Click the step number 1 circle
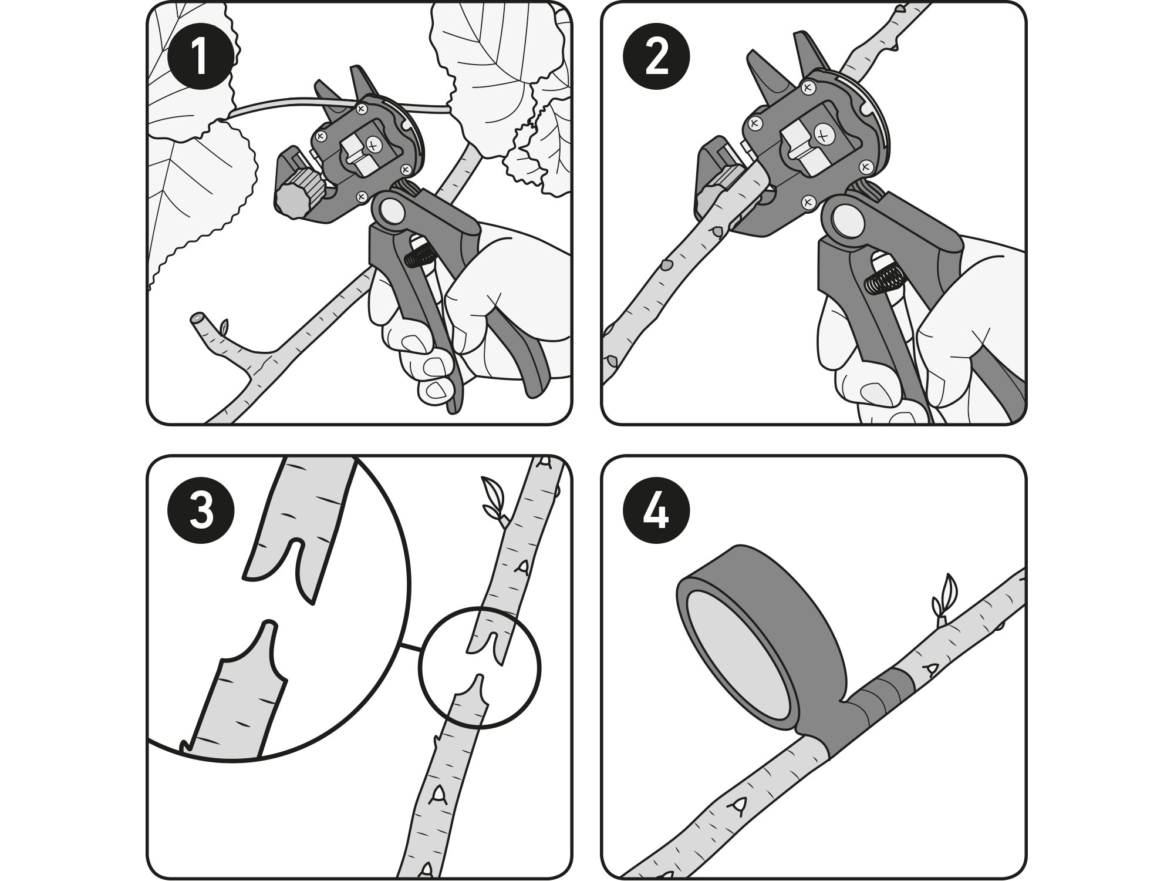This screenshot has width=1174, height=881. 201,57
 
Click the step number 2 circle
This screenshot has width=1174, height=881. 656,57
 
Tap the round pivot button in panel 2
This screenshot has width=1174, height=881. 846,221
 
